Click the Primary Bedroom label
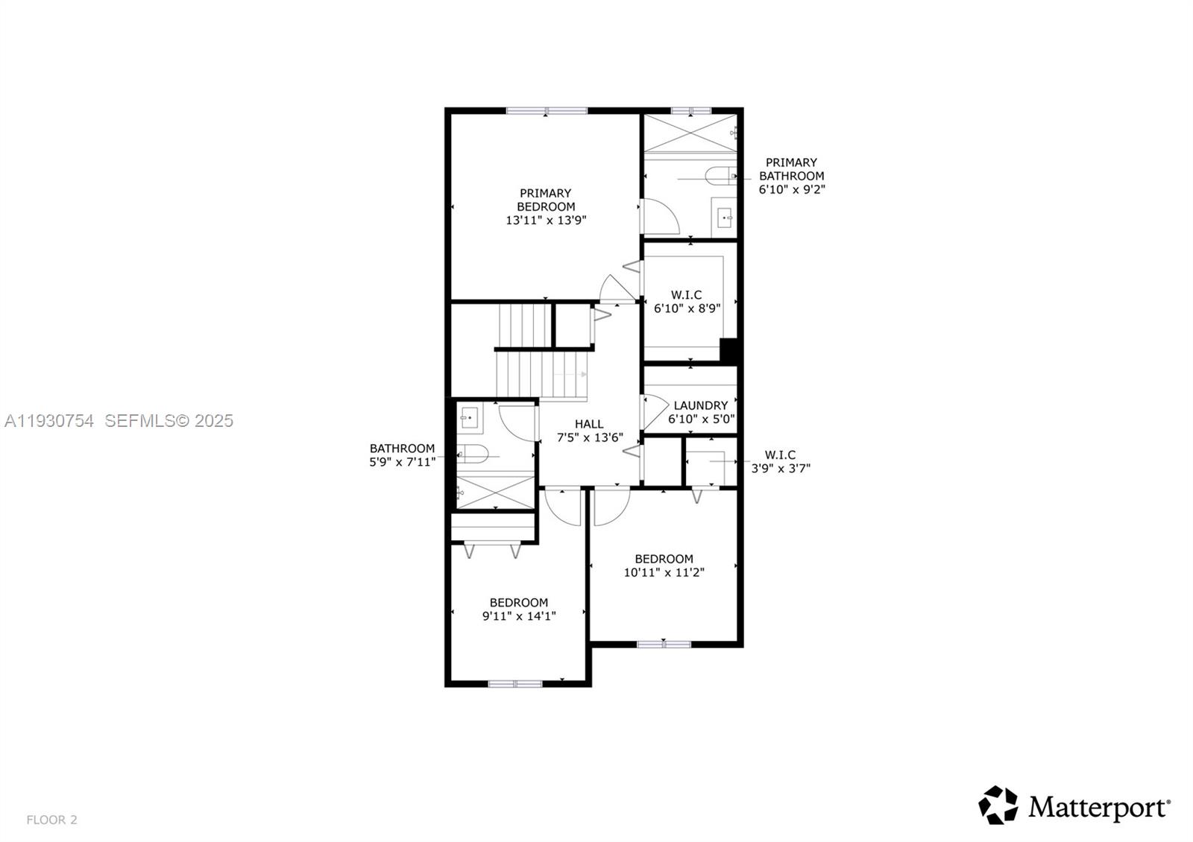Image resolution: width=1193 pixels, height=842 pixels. coord(546,200)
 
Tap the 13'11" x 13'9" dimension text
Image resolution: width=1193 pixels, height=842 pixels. coord(546,221)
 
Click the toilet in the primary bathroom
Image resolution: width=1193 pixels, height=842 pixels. coord(718,177)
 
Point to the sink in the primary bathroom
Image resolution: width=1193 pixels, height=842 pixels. coord(723,218)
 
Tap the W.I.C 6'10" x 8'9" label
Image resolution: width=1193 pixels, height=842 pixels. coord(687,302)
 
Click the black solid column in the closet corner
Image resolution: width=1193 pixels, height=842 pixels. coord(728,350)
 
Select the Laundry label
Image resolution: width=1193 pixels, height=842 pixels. coord(700,405)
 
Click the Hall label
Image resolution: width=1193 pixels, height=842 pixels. coord(589,424)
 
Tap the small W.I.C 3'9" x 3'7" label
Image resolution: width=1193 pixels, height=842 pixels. coord(780,461)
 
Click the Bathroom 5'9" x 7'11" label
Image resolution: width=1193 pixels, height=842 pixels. coord(402,455)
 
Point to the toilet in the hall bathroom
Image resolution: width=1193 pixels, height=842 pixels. coord(473,452)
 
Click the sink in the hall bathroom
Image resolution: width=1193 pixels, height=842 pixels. coord(469,418)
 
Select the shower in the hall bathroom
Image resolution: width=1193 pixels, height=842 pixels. coord(495,492)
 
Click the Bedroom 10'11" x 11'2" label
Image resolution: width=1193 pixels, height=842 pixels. coord(664,566)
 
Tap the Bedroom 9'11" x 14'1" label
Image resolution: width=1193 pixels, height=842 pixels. coord(519,609)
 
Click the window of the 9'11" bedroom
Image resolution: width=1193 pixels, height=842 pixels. coord(515,683)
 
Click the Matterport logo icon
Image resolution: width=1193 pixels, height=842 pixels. coord(998,805)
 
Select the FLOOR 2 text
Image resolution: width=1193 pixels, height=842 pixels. coord(52,820)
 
